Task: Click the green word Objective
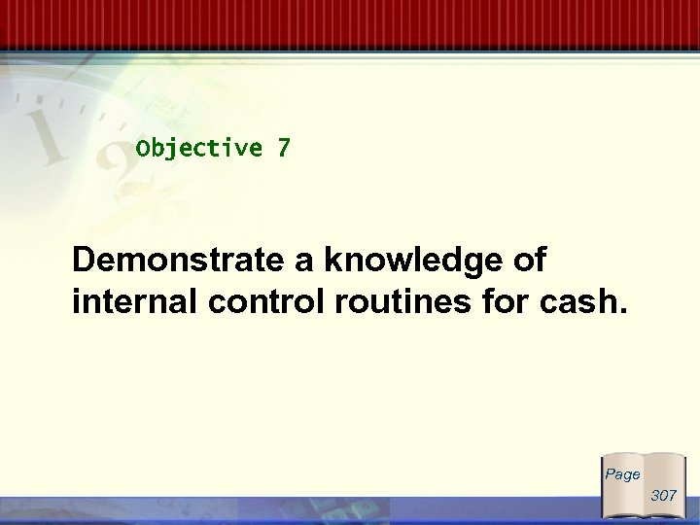point(199,149)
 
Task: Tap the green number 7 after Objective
point(283,149)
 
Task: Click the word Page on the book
point(623,474)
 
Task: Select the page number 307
point(663,495)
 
